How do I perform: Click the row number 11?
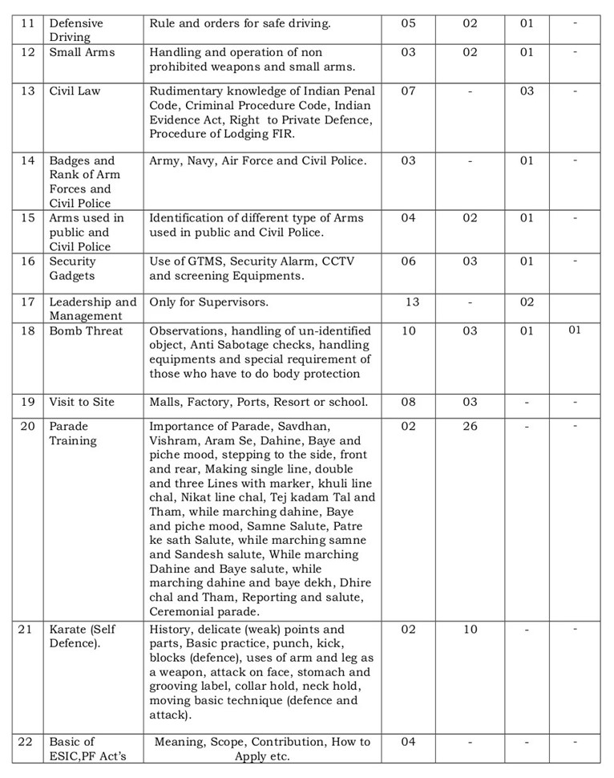pyautogui.click(x=28, y=23)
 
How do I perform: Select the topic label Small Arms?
pyautogui.click(x=82, y=52)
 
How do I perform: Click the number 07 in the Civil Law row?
pyautogui.click(x=408, y=91)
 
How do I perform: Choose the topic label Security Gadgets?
pyautogui.click(x=73, y=269)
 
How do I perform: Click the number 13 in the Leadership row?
pyautogui.click(x=412, y=302)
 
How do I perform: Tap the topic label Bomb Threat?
pyautogui.click(x=87, y=330)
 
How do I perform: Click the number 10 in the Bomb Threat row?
pyautogui.click(x=408, y=330)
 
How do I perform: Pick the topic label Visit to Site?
pyautogui.click(x=82, y=402)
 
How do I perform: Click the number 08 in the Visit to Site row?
pyautogui.click(x=408, y=402)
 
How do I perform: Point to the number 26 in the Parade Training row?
pyautogui.click(x=470, y=426)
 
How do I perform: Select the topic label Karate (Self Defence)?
pyautogui.click(x=83, y=637)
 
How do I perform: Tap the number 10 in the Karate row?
pyautogui.click(x=470, y=630)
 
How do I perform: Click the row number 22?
pyautogui.click(x=28, y=741)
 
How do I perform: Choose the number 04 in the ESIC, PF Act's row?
pyautogui.click(x=408, y=741)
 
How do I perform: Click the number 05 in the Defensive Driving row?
pyautogui.click(x=408, y=23)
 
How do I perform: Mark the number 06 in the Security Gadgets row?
pyautogui.click(x=408, y=261)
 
